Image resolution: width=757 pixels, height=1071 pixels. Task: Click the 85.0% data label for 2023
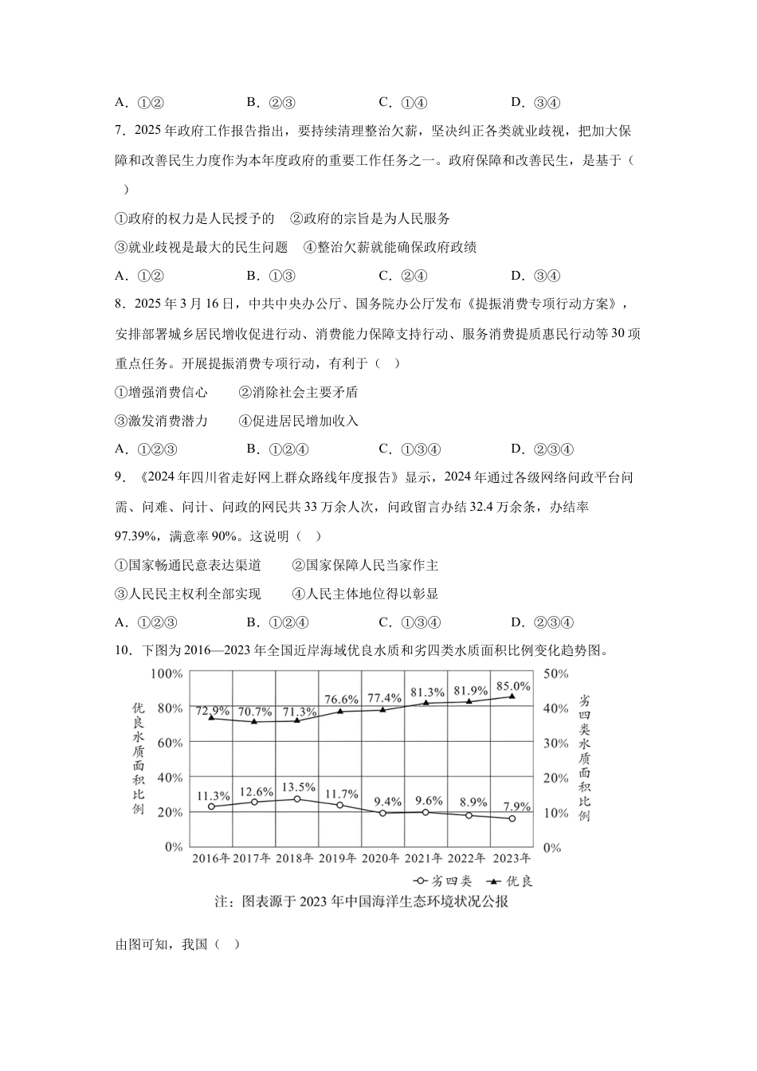(513, 686)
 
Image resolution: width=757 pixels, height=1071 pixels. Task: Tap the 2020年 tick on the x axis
(382, 858)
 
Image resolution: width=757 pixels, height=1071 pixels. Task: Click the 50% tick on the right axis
(555, 674)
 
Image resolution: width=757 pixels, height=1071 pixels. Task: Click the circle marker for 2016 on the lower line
(212, 806)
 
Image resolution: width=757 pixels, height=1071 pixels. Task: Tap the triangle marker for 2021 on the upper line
(426, 703)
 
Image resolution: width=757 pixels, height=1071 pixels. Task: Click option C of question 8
(410, 449)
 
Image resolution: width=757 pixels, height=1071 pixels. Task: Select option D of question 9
(542, 622)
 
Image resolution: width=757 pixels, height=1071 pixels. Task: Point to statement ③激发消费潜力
(162, 421)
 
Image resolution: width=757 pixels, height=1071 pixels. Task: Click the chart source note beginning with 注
(362, 902)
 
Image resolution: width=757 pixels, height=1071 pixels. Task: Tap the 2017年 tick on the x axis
(253, 858)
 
